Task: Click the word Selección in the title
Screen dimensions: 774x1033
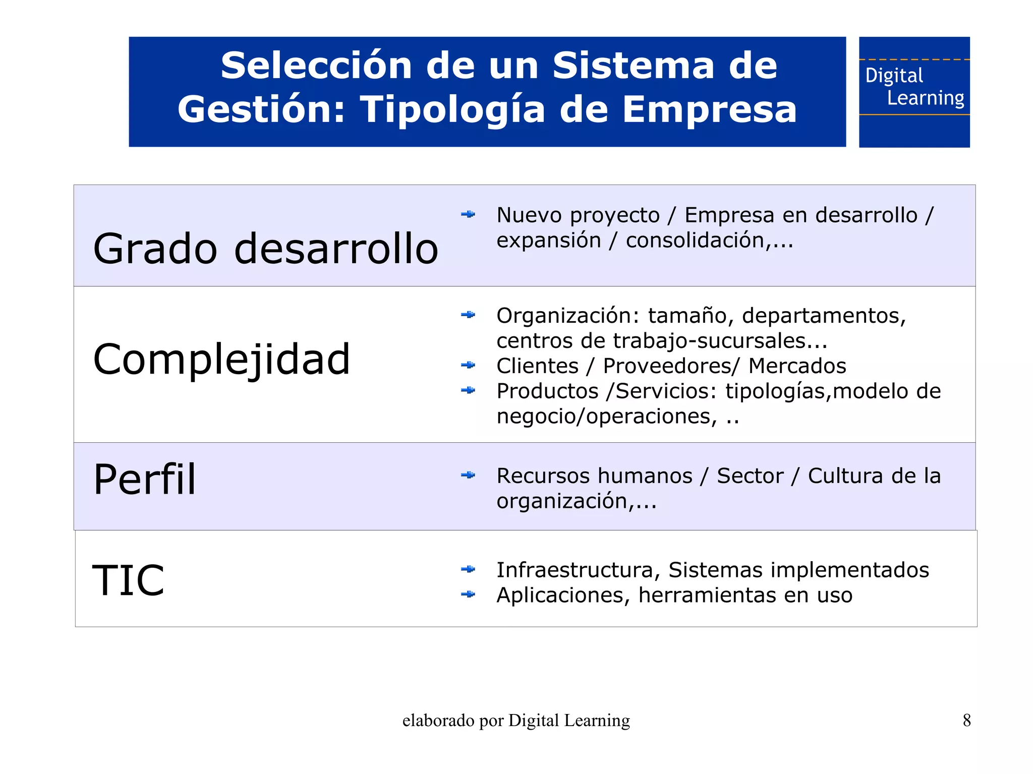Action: coord(316,66)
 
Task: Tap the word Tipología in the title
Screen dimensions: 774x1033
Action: coord(452,109)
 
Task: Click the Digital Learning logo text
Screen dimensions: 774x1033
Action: coord(914,87)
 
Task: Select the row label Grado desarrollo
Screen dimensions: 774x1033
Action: coord(266,249)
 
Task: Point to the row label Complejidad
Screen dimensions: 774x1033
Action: coord(221,360)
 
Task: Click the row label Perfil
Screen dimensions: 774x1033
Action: coord(145,480)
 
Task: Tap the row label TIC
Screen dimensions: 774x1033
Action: coord(129,580)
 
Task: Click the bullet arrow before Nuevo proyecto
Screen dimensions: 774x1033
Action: coord(468,215)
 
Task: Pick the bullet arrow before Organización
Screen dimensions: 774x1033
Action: coord(468,315)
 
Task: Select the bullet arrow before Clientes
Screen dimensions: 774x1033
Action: coord(468,365)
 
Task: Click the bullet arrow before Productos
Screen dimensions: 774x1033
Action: coord(468,390)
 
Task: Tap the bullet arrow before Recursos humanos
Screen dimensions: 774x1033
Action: coord(468,475)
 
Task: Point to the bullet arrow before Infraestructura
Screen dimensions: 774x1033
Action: coord(468,569)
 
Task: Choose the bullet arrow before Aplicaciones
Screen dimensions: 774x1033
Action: coord(468,594)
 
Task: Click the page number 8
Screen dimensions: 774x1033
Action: coord(966,720)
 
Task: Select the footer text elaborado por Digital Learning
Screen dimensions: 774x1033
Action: coord(516,721)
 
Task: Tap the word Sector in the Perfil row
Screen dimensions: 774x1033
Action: coord(750,476)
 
